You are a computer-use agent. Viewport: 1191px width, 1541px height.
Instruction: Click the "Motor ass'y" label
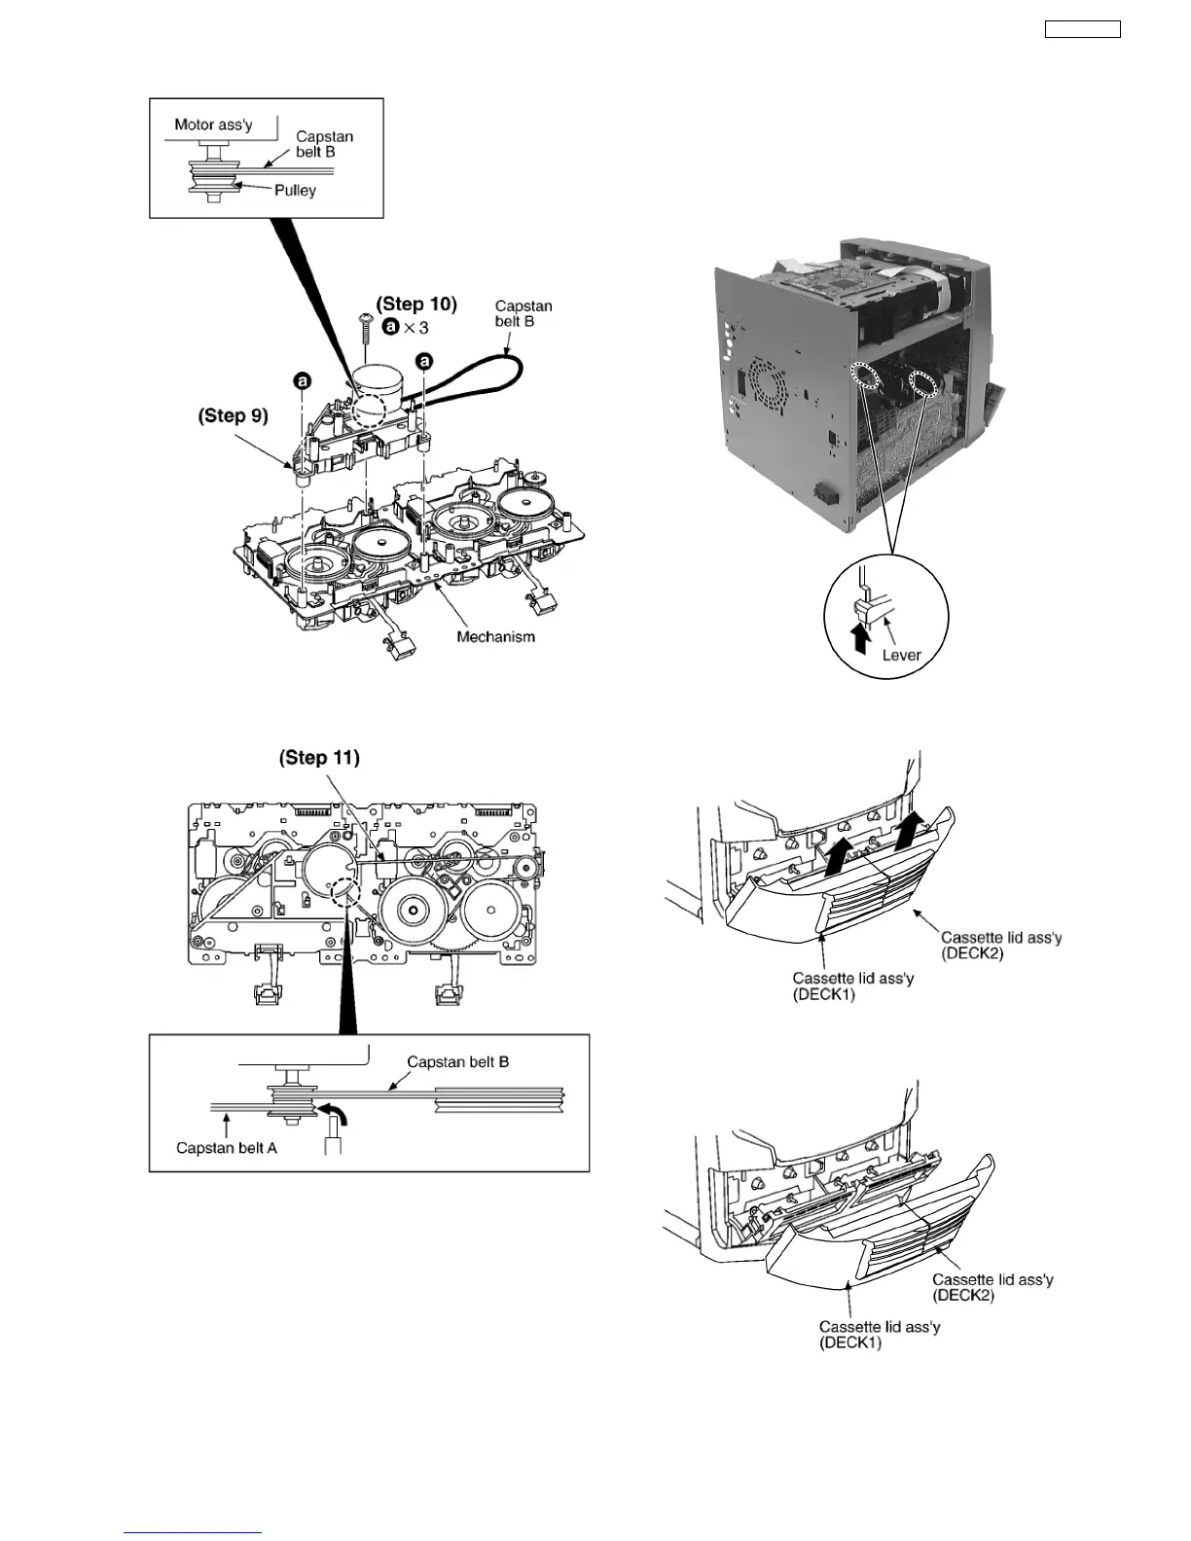213,124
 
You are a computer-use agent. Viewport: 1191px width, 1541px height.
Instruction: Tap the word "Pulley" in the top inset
295,190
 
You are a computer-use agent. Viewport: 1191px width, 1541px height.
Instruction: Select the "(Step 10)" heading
416,304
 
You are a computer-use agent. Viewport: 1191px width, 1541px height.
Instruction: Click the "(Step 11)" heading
319,757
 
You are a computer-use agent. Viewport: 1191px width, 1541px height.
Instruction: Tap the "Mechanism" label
496,636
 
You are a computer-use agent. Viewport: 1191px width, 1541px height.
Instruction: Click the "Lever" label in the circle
901,655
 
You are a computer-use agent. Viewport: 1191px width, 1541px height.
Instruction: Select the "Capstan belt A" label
227,1148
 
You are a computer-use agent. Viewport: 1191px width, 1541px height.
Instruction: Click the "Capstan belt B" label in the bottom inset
458,1061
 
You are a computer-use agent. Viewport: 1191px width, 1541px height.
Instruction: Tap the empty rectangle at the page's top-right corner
1082,29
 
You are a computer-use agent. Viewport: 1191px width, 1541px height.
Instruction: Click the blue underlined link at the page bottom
193,1534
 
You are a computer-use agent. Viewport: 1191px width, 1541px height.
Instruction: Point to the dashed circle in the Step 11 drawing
344,887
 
